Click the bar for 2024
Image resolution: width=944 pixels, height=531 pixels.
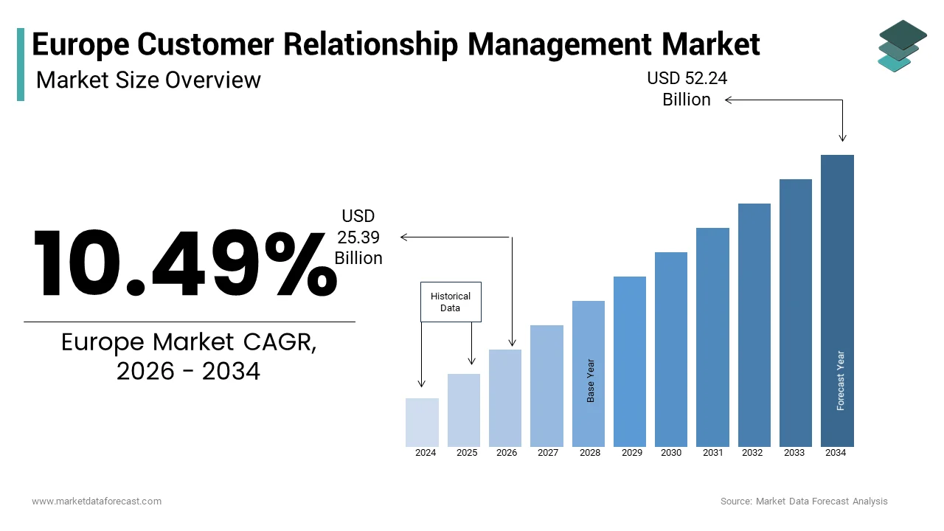pyautogui.click(x=422, y=423)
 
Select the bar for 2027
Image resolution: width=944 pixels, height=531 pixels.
pyautogui.click(x=546, y=386)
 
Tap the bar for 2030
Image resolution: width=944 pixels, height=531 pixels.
pyautogui.click(x=670, y=349)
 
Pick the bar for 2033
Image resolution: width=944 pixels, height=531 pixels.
pyautogui.click(x=795, y=313)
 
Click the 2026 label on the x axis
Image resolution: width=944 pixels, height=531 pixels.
pyautogui.click(x=506, y=453)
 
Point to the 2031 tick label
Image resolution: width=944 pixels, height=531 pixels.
pyautogui.click(x=712, y=453)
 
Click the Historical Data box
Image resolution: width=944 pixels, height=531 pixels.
pyautogui.click(x=451, y=302)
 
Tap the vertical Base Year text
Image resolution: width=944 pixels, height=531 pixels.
pyautogui.click(x=591, y=381)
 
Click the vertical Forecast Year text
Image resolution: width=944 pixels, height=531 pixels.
pyautogui.click(x=840, y=381)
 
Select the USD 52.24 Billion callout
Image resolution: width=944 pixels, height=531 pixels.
pyautogui.click(x=687, y=89)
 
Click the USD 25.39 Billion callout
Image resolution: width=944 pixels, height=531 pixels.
pyautogui.click(x=358, y=237)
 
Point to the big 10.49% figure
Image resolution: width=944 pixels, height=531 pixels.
pyautogui.click(x=184, y=263)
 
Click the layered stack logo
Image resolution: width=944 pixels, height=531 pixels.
pyautogui.click(x=903, y=46)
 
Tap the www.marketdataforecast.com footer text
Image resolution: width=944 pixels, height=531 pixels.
pyautogui.click(x=97, y=502)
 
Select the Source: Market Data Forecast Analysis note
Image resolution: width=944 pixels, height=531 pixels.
pyautogui.click(x=804, y=502)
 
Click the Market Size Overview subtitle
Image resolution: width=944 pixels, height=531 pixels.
pyautogui.click(x=148, y=80)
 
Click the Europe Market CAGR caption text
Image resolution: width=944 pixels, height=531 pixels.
pyautogui.click(x=189, y=357)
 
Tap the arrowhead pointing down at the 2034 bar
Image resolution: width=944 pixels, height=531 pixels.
pyautogui.click(x=842, y=138)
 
